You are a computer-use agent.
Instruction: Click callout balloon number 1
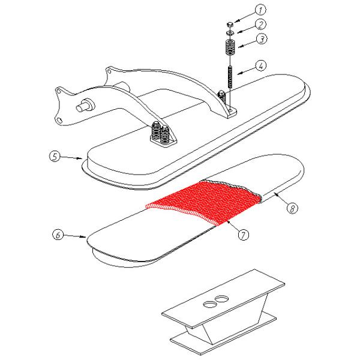tap(260, 10)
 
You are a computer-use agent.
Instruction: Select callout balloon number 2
tap(260, 25)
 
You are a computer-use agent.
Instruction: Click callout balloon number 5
tap(55, 157)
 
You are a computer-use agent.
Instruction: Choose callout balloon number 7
tap(242, 235)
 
